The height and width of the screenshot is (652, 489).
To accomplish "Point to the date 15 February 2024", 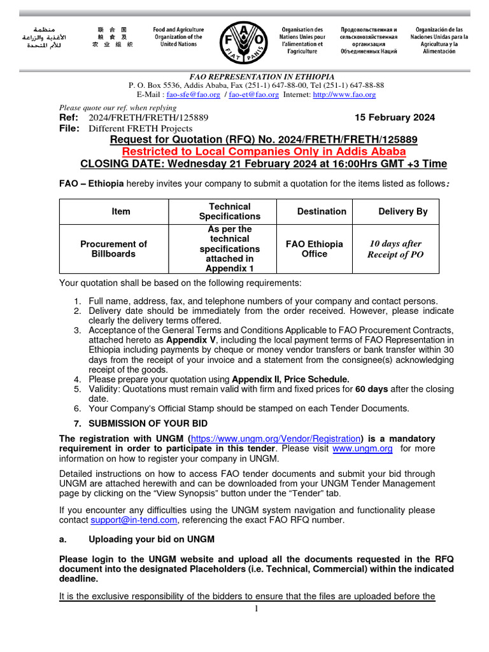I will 394,117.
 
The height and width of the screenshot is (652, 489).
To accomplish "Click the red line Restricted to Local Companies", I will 264,152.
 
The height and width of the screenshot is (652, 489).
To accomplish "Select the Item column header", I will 121,211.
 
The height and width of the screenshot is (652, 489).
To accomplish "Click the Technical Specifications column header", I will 229,211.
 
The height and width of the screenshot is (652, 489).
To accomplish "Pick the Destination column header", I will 322,211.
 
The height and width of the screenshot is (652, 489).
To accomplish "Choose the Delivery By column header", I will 403,211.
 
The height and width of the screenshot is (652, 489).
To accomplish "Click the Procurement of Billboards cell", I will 113,249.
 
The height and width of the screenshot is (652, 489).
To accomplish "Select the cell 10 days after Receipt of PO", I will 395,249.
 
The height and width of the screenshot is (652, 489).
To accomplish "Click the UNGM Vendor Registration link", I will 276,439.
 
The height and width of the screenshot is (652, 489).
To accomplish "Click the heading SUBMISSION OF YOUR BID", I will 148,423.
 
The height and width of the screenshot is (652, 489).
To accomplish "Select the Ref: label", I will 69,117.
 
